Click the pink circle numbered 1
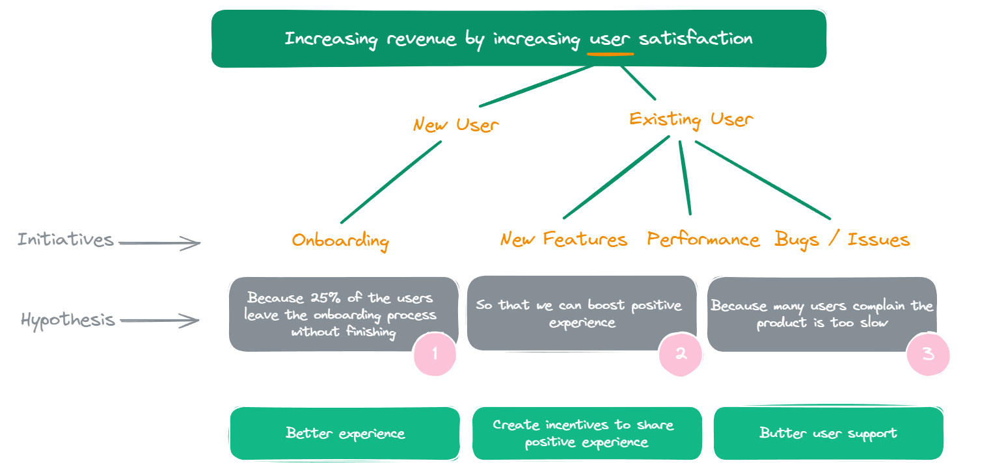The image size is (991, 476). (435, 354)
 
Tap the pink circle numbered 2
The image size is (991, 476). (681, 354)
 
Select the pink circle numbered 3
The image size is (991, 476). (928, 354)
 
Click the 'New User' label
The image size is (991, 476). (455, 125)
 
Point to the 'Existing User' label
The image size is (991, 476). (691, 120)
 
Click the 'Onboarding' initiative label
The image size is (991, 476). (340, 241)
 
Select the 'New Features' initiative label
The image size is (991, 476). (563, 239)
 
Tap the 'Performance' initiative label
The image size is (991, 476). (703, 239)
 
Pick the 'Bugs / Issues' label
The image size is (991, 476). (842, 239)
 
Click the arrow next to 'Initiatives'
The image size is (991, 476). (159, 243)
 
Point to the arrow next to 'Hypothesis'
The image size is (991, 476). (159, 321)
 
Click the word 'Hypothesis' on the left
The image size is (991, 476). (68, 320)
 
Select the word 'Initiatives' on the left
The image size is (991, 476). (66, 239)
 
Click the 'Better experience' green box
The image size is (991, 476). (345, 434)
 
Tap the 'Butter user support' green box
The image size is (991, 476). (828, 433)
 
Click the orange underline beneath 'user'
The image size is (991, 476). (610, 54)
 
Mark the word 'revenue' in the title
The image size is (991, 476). (421, 40)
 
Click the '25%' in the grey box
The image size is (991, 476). (325, 297)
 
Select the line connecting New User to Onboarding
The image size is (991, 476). (391, 182)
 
